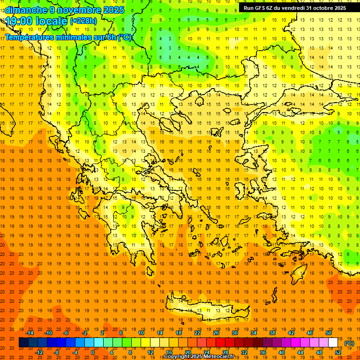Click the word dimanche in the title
[x=26, y=9]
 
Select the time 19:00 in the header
[x=21, y=21]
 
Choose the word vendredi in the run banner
[x=291, y=8]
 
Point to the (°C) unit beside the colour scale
[x=349, y=343]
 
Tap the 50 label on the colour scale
[x=328, y=333]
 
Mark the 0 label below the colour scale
[x=93, y=352]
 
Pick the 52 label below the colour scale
[x=337, y=352]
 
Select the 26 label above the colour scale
[x=216, y=333]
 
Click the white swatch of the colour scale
[x=333, y=343]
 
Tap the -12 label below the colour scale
[x=39, y=352]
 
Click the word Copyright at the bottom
[x=178, y=357]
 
